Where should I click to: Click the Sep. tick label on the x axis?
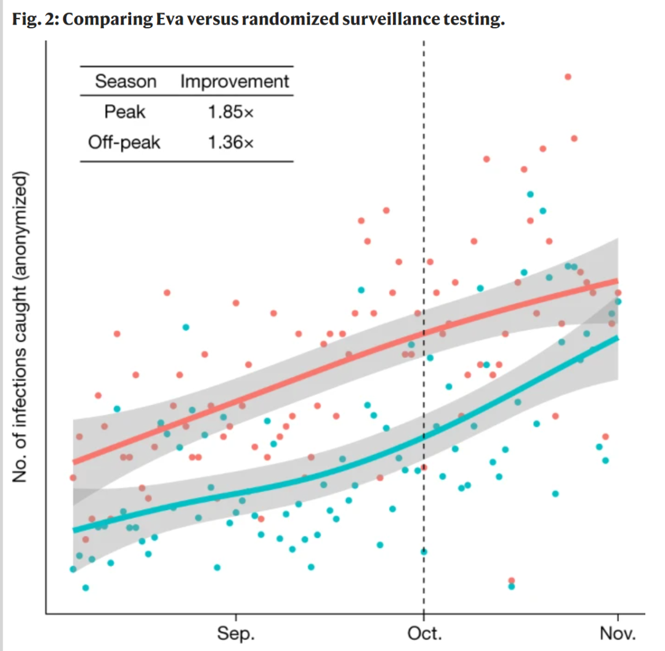(x=236, y=634)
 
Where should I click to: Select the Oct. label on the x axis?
(x=424, y=634)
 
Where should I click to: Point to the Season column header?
(x=126, y=81)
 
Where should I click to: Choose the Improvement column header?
(x=235, y=81)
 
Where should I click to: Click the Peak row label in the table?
(x=125, y=112)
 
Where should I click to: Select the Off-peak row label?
(x=124, y=143)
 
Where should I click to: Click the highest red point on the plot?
(x=568, y=76)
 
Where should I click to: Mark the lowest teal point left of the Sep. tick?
(x=86, y=588)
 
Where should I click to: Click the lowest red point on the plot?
(x=511, y=580)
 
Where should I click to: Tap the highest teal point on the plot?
(x=530, y=194)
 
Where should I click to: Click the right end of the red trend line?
(x=618, y=280)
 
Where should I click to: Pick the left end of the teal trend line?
(x=74, y=530)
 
